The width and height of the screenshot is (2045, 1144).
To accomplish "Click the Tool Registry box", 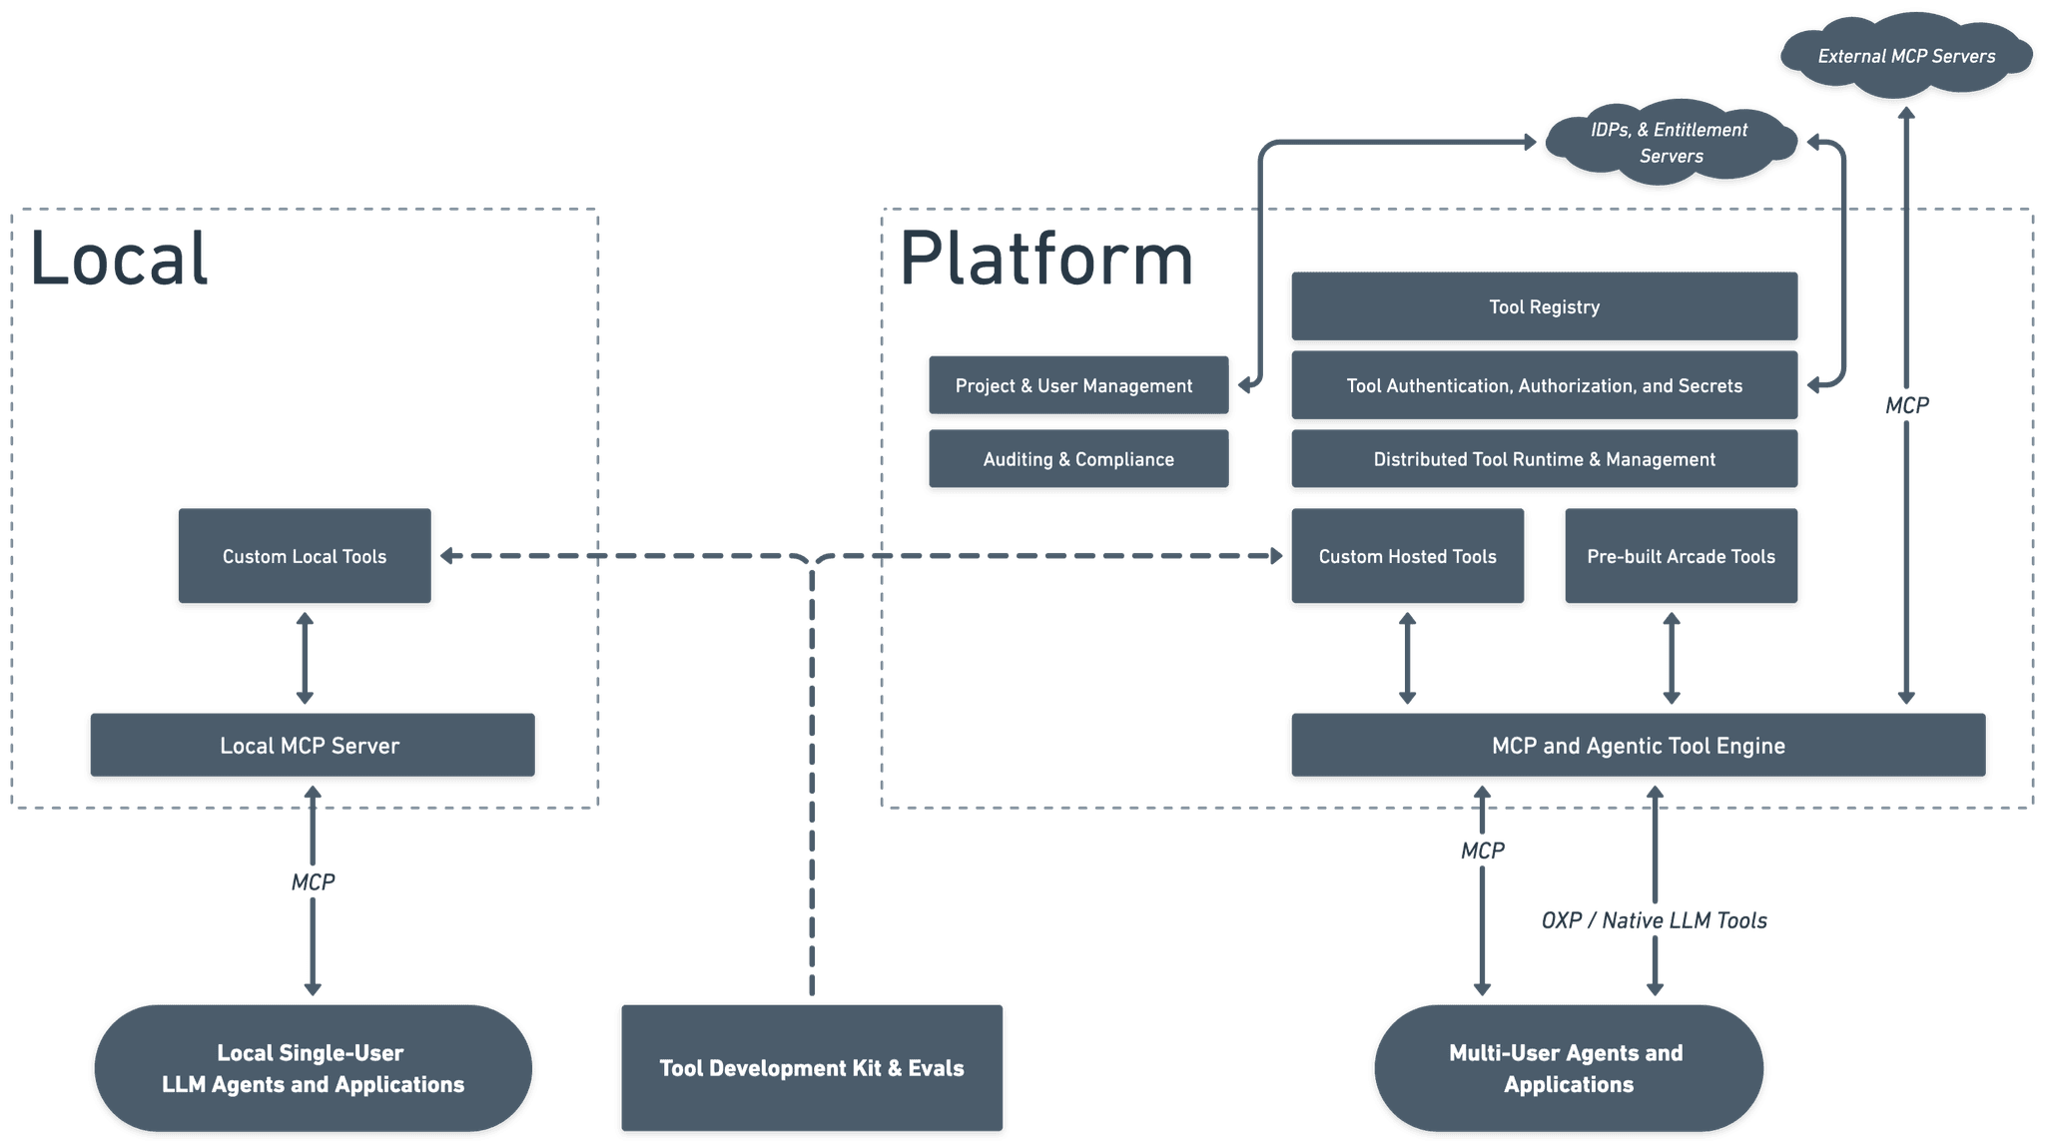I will tap(1544, 306).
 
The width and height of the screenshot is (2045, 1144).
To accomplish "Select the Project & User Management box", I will tap(1077, 385).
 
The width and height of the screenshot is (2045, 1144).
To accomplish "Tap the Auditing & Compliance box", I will tap(1077, 459).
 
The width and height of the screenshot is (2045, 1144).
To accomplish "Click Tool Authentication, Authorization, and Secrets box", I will tap(1544, 385).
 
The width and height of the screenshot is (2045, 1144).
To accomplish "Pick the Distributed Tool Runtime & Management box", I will tap(1544, 459).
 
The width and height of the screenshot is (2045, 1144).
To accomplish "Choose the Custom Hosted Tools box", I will tap(1407, 556).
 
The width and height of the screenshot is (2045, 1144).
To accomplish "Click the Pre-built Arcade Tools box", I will tap(1681, 556).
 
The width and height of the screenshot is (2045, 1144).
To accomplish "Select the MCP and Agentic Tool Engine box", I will tap(1638, 746).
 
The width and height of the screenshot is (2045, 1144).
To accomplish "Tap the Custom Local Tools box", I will tap(305, 556).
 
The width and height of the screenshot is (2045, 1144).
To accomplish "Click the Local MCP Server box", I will tap(312, 746).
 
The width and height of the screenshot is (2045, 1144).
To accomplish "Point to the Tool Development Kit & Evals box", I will tap(811, 1068).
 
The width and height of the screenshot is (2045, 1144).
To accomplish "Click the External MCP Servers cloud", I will tap(1905, 56).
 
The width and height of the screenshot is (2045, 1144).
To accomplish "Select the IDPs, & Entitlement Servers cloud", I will tap(1670, 143).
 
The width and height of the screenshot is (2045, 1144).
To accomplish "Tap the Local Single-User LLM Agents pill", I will tap(313, 1068).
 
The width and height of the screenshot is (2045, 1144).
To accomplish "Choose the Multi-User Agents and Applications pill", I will tap(1568, 1068).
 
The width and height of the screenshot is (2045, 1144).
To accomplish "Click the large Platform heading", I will tap(1046, 259).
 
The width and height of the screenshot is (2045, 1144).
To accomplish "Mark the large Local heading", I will tap(120, 259).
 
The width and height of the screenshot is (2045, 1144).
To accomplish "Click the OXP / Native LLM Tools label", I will tap(1654, 920).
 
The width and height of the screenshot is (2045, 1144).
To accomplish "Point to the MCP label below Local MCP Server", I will tap(313, 881).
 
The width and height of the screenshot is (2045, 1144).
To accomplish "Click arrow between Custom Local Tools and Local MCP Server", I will tap(305, 659).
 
